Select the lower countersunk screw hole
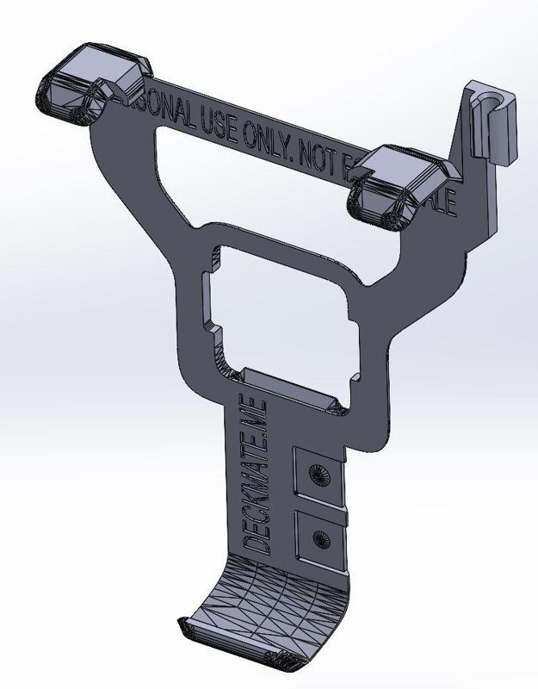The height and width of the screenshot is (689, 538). point(322,538)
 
